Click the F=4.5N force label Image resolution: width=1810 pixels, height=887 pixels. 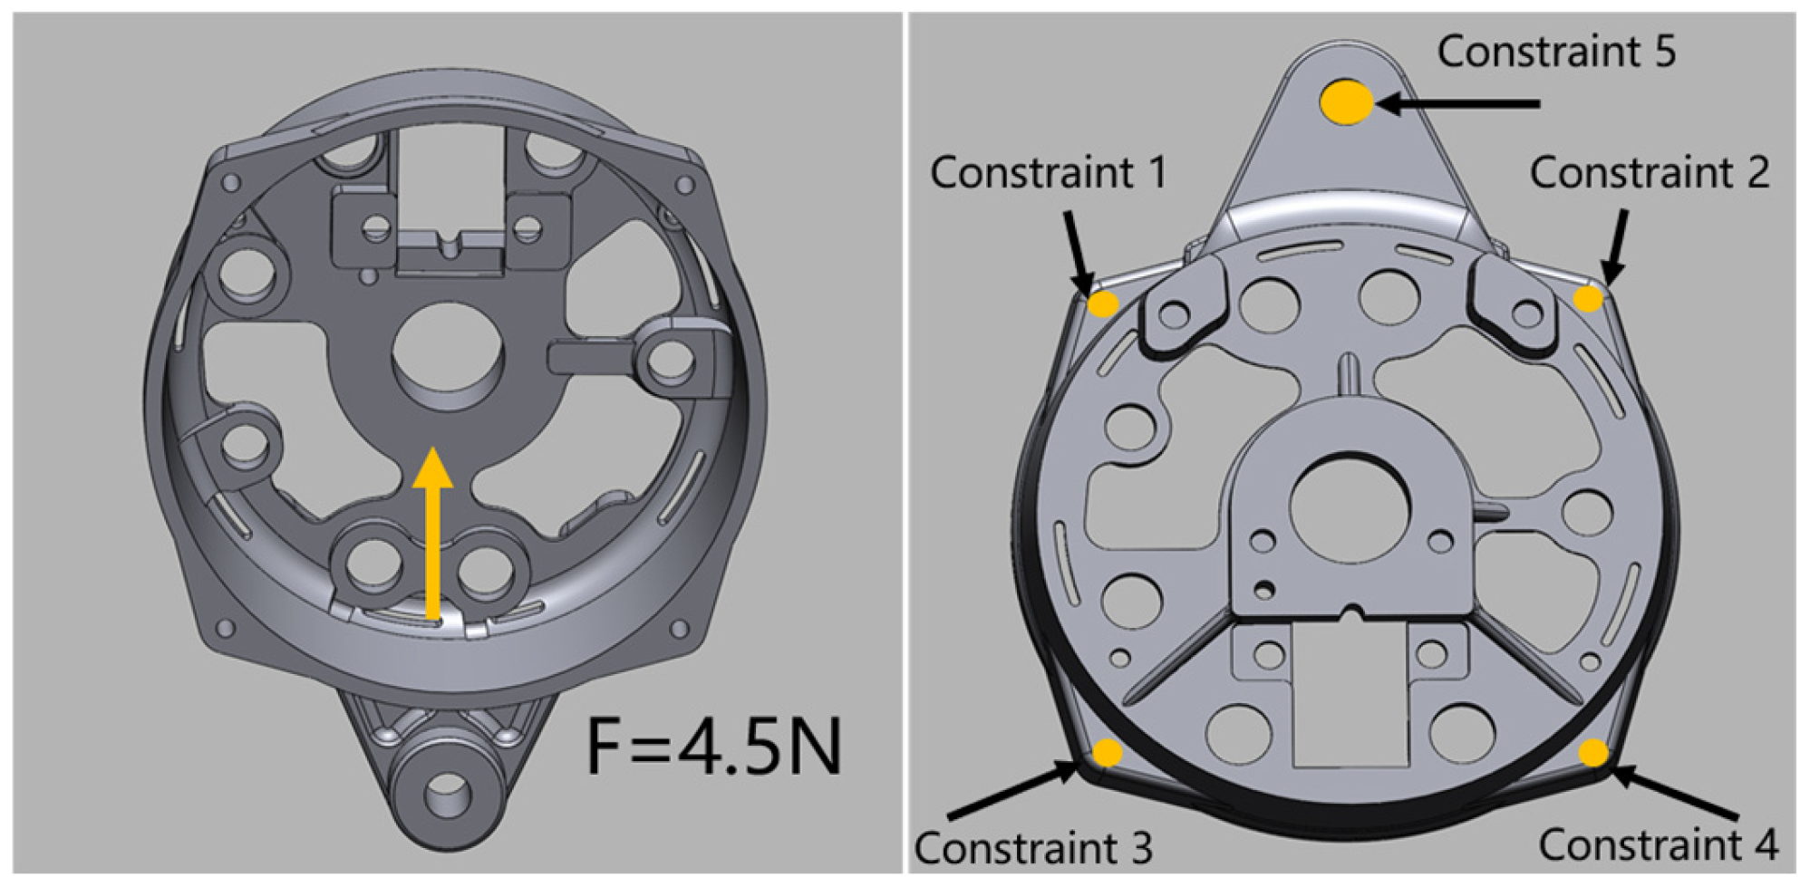tap(714, 747)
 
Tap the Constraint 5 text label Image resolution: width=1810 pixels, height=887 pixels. tap(1556, 52)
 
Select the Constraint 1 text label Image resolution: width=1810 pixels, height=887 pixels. tap(1049, 172)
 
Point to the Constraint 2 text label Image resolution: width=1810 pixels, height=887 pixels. tap(1650, 172)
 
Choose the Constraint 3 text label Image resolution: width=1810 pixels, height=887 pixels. tap(1033, 848)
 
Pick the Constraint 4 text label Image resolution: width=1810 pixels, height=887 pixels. tap(1659, 844)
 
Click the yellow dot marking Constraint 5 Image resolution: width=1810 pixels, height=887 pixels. tap(1347, 101)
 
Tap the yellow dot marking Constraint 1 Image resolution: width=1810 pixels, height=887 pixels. tap(1103, 304)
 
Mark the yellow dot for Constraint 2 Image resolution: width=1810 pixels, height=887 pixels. tap(1588, 299)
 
